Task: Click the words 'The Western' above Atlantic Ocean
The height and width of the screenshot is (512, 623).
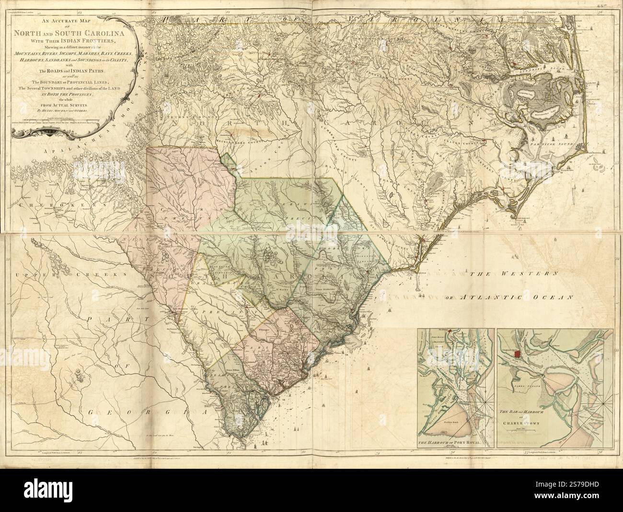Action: [513, 274]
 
